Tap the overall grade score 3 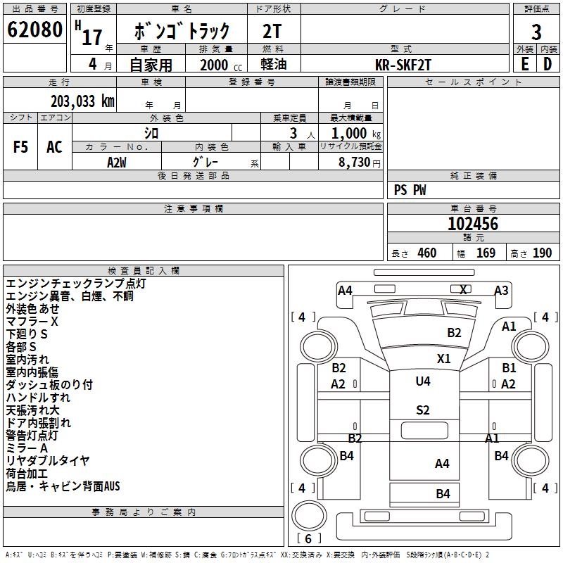coord(536,32)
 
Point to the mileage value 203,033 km coord(82,101)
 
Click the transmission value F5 coord(21,146)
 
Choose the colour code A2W coord(117,162)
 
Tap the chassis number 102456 coord(472,224)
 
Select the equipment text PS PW coord(410,190)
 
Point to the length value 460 coord(426,253)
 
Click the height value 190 coord(542,253)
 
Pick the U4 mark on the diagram coord(423,381)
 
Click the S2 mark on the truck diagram coord(423,410)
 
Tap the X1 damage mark coord(443,358)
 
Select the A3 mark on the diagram coord(501,290)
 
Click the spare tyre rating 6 coord(308,539)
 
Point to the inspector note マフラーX coord(32,321)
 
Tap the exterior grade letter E coord(524,64)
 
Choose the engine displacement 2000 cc coord(219,65)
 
